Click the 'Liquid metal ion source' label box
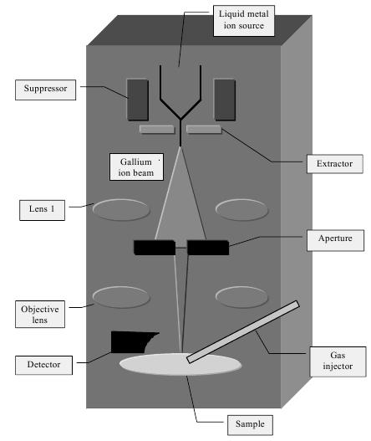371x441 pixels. click(x=243, y=21)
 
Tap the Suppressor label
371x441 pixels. click(x=45, y=90)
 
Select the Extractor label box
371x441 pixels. click(x=334, y=164)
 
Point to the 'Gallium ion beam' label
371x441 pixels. click(x=136, y=167)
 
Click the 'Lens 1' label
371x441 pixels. click(x=42, y=210)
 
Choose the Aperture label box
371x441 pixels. click(x=335, y=240)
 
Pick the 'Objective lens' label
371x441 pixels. click(x=40, y=314)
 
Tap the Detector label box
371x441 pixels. click(x=43, y=365)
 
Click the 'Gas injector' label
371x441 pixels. click(x=338, y=362)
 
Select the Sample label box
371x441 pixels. click(x=250, y=425)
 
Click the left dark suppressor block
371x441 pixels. click(x=138, y=100)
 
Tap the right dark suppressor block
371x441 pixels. click(x=225, y=100)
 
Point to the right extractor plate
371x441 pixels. click(x=204, y=129)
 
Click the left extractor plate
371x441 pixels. click(x=157, y=129)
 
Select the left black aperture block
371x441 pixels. click(x=155, y=248)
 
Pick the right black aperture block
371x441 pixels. click(x=208, y=248)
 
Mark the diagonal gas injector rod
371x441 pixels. click(x=243, y=332)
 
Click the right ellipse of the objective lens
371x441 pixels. click(x=241, y=297)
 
